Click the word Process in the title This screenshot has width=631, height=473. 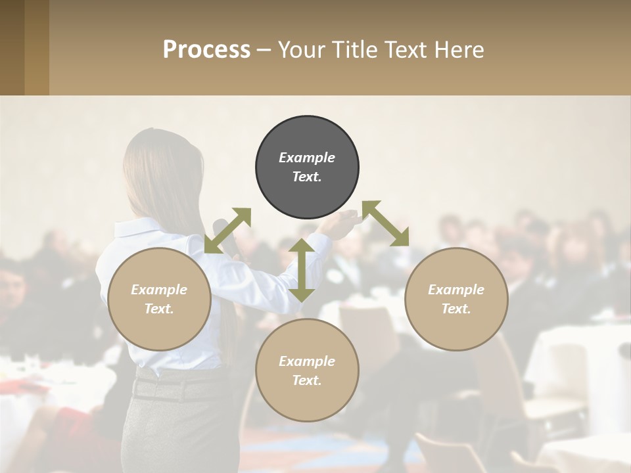pos(206,49)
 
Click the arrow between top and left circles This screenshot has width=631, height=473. pos(227,230)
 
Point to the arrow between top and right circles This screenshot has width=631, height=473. pos(386,223)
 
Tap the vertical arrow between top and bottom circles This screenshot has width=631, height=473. pos(302,270)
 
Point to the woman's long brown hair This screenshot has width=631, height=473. pos(148,177)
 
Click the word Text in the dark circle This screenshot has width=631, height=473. pos(306,177)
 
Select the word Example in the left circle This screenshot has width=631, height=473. pos(159,290)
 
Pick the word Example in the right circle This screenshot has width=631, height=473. pos(456,290)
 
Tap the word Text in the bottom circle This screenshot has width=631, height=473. pos(306,380)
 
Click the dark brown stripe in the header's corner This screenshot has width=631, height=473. pos(12,47)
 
